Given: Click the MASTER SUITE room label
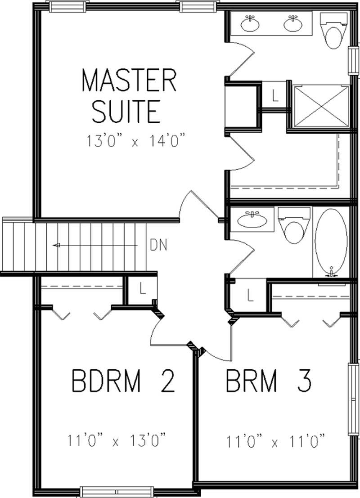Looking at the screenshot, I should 128,96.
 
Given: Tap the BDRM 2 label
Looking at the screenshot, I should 122,381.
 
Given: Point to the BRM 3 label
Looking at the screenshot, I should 268,381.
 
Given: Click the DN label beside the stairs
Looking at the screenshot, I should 158,245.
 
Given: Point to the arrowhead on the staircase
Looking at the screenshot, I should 56,245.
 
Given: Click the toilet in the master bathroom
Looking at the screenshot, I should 334,31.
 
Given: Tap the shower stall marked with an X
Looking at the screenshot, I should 321,106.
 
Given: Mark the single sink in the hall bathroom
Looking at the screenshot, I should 252,220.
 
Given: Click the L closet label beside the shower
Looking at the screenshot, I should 275,95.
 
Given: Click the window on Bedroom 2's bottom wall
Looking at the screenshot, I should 117,491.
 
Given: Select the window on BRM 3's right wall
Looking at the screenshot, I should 353,399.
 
